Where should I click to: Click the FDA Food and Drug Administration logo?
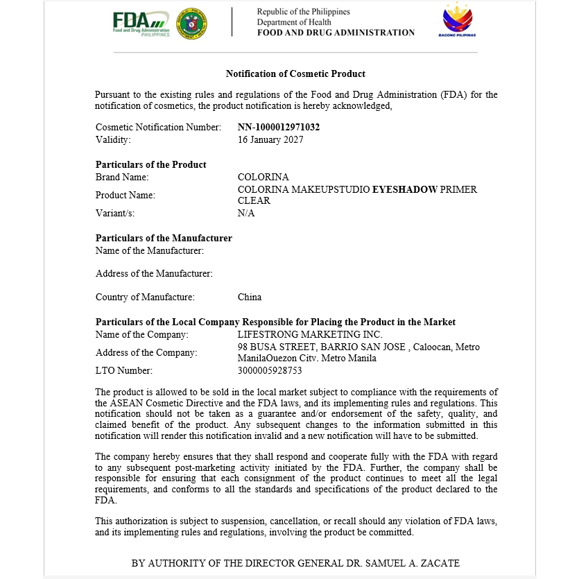(x=141, y=24)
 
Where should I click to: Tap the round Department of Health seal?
(x=192, y=24)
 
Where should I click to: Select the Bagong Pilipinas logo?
(x=458, y=21)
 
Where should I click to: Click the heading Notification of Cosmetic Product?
(x=295, y=74)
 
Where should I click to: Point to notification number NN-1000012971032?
(x=279, y=127)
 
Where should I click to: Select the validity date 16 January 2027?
(x=270, y=139)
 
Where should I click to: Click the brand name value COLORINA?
(x=263, y=177)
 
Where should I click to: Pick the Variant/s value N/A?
(x=246, y=213)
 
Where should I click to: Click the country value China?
(x=250, y=297)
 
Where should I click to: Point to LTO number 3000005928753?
(x=270, y=370)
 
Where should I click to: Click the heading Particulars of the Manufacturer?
(x=164, y=238)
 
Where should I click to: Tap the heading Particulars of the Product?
(x=150, y=164)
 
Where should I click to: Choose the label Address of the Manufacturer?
(x=154, y=274)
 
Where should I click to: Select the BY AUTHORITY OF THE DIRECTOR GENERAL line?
(x=295, y=562)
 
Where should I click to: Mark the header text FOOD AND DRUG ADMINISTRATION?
(x=336, y=33)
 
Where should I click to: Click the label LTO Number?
(x=124, y=370)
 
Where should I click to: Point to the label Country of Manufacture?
(x=145, y=297)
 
